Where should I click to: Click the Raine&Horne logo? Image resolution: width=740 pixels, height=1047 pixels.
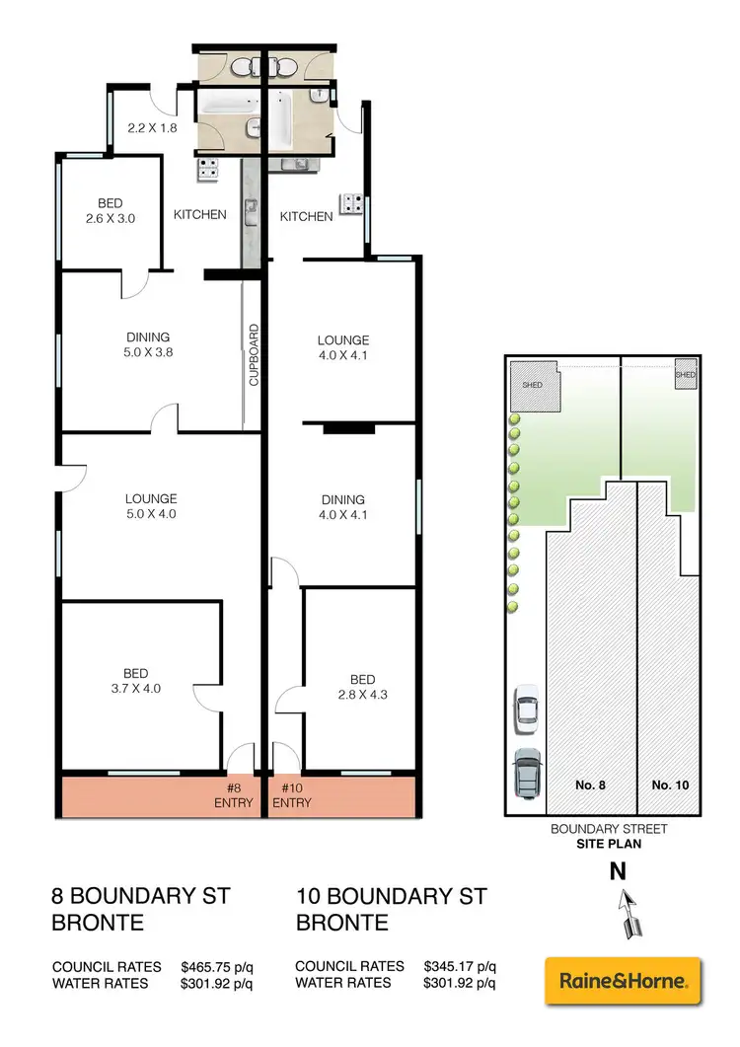[623, 981]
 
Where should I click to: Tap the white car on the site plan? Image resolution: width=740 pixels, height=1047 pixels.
[527, 709]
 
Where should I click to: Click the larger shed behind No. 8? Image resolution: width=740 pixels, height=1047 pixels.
[533, 385]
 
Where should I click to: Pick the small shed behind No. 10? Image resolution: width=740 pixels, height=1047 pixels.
[686, 375]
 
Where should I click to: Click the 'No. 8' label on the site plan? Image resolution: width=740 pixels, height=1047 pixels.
[589, 785]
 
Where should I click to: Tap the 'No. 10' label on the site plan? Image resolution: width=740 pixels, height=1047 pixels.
[670, 785]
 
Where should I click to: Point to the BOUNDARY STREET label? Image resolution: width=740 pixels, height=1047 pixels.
[609, 829]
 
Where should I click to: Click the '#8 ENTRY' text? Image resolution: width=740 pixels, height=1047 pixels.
[236, 795]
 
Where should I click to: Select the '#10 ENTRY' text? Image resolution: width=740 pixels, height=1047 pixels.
[291, 795]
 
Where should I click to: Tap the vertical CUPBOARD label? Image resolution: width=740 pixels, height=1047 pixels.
[254, 354]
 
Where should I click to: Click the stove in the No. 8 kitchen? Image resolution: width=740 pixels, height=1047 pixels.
[209, 169]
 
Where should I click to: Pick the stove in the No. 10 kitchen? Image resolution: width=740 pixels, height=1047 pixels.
[351, 204]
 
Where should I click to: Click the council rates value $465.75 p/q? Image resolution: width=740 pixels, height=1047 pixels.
[217, 966]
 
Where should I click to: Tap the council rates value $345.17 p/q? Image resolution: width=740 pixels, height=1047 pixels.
[460, 966]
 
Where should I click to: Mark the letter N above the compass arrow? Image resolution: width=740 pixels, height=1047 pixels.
[618, 871]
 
